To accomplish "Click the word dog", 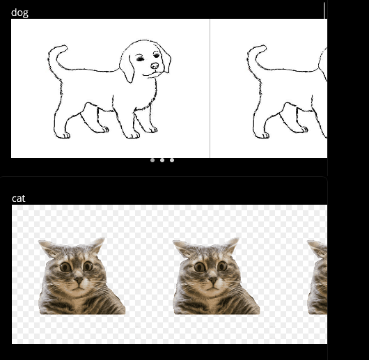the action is (19, 13).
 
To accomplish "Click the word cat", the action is (18, 198).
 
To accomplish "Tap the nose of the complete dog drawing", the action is (155, 66).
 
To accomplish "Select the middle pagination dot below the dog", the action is (162, 160).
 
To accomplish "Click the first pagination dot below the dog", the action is (152, 160).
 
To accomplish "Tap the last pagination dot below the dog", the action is (172, 160).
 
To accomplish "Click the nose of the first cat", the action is (79, 280).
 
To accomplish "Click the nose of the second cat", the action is (213, 280).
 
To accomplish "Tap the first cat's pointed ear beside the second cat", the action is (97, 244).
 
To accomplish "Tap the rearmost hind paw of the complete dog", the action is (63, 135).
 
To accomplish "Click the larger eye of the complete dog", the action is (140, 58).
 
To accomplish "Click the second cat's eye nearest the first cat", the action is (201, 267).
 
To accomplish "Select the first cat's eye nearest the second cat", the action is (88, 266).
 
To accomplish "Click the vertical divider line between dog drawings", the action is (210, 88).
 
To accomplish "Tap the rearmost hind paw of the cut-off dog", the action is (262, 135).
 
